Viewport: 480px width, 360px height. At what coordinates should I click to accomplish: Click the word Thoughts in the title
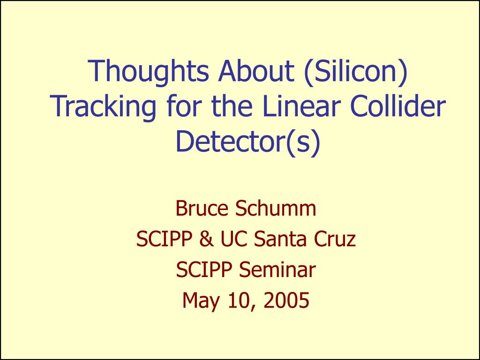coord(149,72)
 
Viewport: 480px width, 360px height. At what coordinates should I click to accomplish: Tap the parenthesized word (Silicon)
coord(356,71)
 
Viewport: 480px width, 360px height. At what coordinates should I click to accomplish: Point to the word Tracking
coord(103,106)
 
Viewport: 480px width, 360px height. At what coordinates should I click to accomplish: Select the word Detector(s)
coord(248,142)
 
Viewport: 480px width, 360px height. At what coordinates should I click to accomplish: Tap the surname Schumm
coord(276,208)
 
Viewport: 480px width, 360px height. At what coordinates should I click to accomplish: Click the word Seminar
coord(277,270)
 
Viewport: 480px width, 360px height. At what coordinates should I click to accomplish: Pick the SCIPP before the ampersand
coord(164,239)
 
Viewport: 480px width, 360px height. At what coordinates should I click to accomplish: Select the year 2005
coord(286,300)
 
